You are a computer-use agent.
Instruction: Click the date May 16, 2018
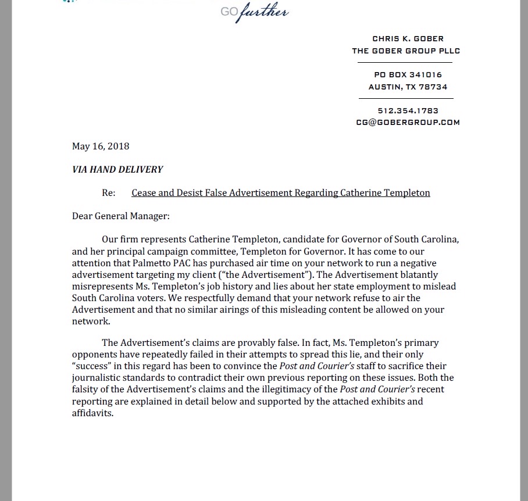coord(101,146)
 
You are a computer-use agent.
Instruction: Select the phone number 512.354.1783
coord(408,110)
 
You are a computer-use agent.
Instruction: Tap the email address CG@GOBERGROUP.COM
coord(408,122)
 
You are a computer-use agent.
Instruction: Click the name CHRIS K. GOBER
coord(408,39)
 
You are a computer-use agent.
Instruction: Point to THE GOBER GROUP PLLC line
coord(406,51)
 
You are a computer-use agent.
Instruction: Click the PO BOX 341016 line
coord(408,74)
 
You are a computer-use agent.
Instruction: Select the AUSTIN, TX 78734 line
coord(408,87)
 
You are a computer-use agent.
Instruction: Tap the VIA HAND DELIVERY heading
coord(117,170)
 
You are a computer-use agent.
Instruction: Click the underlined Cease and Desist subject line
coord(281,192)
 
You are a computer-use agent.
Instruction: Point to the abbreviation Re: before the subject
coord(108,192)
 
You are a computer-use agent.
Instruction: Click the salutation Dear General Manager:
coord(121,216)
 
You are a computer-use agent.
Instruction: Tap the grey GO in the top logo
coord(228,12)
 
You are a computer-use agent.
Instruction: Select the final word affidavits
coord(92,413)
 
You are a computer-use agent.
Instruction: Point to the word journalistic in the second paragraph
coord(98,377)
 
